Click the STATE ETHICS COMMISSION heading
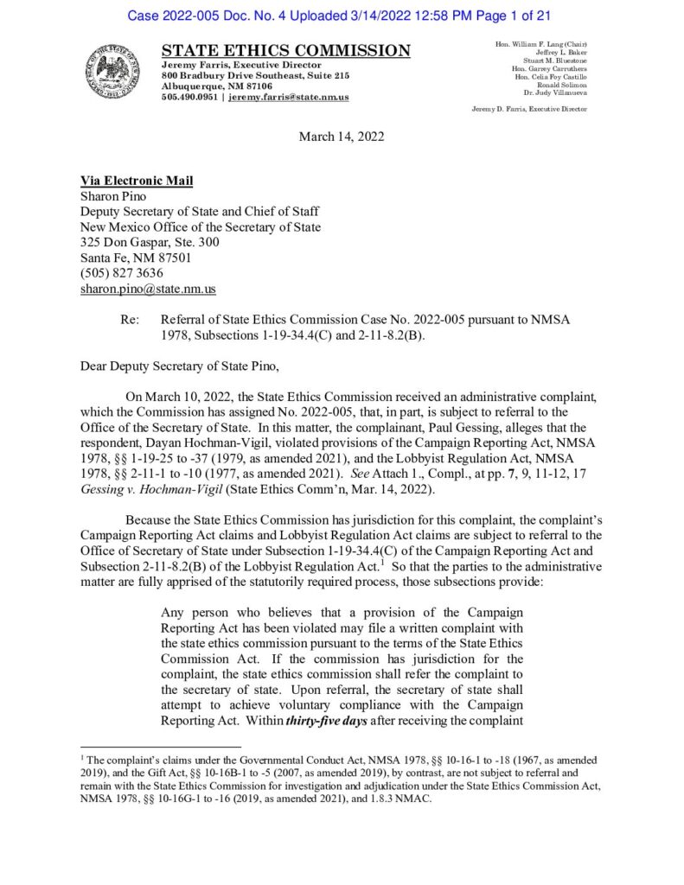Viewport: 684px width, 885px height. click(286, 51)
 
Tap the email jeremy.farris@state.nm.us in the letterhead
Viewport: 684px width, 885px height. click(289, 98)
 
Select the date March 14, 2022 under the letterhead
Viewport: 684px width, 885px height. click(342, 137)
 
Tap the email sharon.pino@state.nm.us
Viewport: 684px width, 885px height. click(148, 289)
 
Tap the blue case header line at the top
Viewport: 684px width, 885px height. click(342, 16)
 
